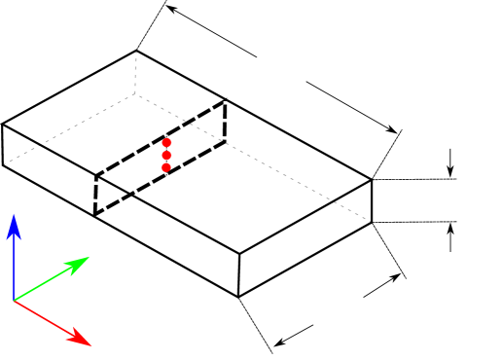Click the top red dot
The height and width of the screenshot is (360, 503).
[x=166, y=143]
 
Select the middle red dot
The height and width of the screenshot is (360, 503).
[x=166, y=156]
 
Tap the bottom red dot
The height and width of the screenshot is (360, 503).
[x=166, y=168]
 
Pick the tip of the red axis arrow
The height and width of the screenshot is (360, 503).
[x=90, y=344]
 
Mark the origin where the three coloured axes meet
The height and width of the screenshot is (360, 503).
[x=14, y=301]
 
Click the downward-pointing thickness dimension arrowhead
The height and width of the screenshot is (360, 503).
[x=450, y=173]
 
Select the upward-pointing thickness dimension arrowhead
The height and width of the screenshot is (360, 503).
[x=450, y=227]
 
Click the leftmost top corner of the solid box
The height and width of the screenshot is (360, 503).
[x=3, y=124]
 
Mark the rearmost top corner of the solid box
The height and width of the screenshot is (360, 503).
[x=136, y=51]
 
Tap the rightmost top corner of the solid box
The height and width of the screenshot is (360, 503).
[x=372, y=179]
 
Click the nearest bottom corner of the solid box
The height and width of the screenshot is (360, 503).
[x=239, y=297]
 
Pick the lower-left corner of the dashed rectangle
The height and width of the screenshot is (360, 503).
[x=94, y=215]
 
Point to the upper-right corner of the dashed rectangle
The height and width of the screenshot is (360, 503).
[x=227, y=99]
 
